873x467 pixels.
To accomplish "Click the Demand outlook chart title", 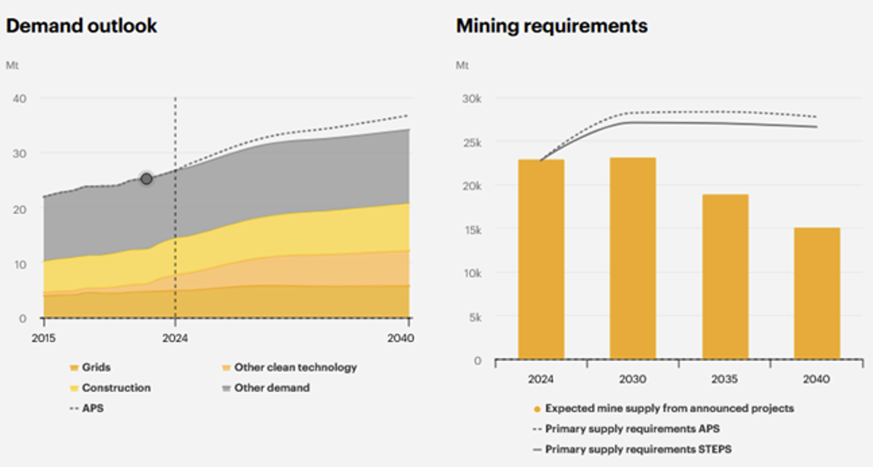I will click(x=81, y=26).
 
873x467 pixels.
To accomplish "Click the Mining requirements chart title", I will click(x=551, y=26).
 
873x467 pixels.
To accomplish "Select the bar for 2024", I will click(x=541, y=259).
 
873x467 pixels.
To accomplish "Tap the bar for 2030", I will click(x=633, y=258).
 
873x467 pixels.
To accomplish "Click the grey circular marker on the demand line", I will click(x=146, y=179).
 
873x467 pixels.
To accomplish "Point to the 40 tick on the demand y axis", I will click(x=19, y=98).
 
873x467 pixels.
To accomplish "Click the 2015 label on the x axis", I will click(x=43, y=338).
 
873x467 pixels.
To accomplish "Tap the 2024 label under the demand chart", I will click(x=175, y=338).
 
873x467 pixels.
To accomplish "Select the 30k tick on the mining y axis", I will click(x=472, y=99).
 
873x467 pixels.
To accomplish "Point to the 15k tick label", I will click(x=473, y=230).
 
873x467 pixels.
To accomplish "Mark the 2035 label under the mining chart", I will click(x=725, y=379).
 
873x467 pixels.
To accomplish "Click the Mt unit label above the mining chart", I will click(x=462, y=66).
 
